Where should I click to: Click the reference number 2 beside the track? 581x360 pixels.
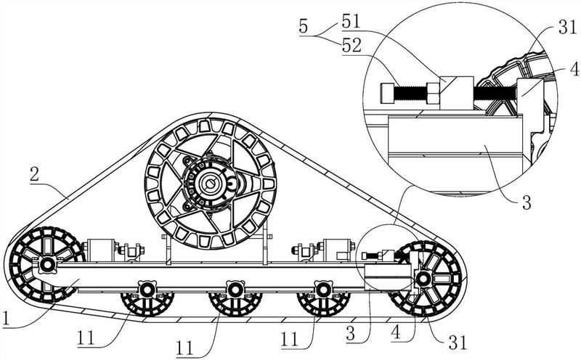point(35,175)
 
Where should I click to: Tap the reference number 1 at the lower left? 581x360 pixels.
point(5,319)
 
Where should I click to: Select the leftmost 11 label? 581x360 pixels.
point(86,337)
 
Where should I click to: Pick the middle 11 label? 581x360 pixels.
point(185,348)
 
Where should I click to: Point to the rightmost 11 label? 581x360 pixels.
point(289,339)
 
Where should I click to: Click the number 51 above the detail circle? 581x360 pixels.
point(351,22)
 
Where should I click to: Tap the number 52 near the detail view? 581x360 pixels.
point(352,46)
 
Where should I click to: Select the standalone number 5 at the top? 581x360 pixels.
point(304,27)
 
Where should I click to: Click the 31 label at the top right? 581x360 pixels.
point(567,27)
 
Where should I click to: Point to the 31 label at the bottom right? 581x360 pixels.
point(458,343)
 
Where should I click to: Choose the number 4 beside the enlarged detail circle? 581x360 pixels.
point(574,69)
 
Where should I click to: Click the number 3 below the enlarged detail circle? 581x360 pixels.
point(527,202)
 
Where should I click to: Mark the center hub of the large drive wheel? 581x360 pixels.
point(211,182)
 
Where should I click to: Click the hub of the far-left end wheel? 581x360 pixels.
point(47,264)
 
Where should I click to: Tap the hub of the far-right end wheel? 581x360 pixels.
point(423,279)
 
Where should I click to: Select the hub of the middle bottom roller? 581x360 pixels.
point(235,290)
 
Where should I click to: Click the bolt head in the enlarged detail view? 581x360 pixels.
point(387,93)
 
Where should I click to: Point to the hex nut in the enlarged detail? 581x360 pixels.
point(433,93)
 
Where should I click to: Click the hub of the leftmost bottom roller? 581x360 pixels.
point(147,290)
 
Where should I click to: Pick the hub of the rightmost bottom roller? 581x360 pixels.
point(322,290)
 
